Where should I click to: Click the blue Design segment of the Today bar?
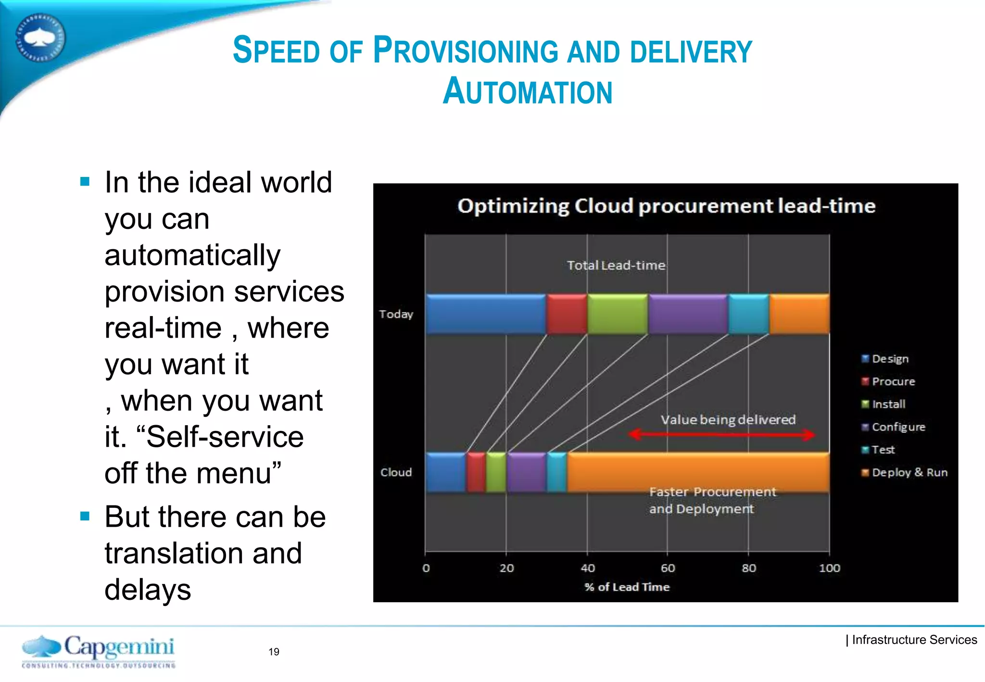click(x=486, y=314)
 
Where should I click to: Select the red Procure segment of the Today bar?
click(x=567, y=314)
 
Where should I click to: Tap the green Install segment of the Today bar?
click(x=618, y=314)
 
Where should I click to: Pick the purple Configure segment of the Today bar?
click(x=688, y=314)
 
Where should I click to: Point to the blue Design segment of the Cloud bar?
click(x=446, y=472)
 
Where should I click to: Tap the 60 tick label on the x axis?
click(x=668, y=568)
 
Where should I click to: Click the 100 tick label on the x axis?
click(x=830, y=568)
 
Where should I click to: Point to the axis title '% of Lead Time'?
click(x=627, y=587)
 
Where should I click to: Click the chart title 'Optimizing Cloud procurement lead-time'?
click(x=666, y=206)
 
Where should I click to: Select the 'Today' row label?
click(x=396, y=314)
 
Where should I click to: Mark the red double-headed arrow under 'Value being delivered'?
click(x=721, y=435)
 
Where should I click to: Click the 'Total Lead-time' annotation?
click(x=616, y=265)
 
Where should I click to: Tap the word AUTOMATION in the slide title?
click(x=528, y=91)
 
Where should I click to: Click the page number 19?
click(x=274, y=652)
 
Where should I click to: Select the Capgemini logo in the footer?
click(x=99, y=651)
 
